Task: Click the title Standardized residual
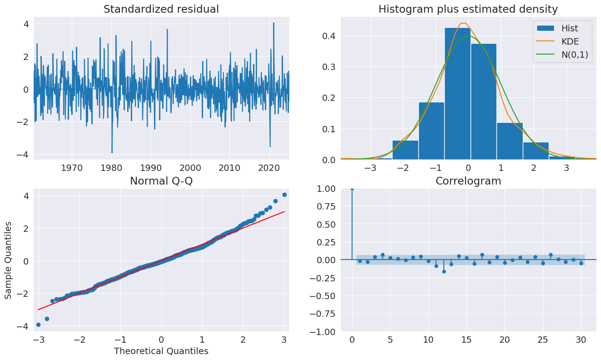(x=161, y=9)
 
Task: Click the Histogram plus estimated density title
(x=468, y=9)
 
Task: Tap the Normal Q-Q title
(x=161, y=181)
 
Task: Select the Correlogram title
(x=468, y=181)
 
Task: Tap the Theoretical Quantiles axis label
(x=161, y=351)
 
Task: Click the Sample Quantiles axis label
(x=9, y=260)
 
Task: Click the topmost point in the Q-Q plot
(x=284, y=195)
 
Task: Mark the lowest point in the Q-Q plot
(x=38, y=325)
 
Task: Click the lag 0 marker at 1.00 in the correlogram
(x=352, y=188)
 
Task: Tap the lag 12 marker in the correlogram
(x=444, y=271)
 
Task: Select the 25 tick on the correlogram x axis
(x=543, y=340)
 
